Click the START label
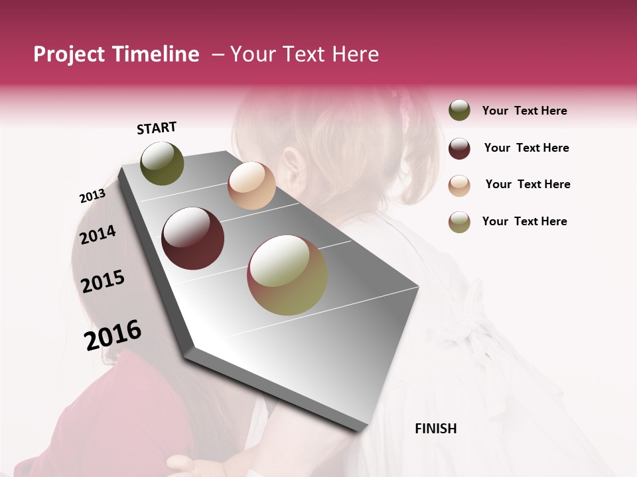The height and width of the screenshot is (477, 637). pos(157,128)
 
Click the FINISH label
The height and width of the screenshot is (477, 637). pos(435,429)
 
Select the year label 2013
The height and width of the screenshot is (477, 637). pos(92,196)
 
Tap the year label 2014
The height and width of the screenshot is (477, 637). pos(98,235)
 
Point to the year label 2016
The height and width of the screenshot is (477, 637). pos(113,335)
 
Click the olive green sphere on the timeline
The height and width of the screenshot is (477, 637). pos(162,163)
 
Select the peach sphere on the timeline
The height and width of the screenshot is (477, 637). pos(251,185)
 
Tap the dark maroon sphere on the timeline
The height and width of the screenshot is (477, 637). pos(193,238)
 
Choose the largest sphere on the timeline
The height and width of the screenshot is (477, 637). pos(287,275)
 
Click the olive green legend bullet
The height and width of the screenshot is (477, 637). pos(459,111)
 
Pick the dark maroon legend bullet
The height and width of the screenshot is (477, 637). pos(459,148)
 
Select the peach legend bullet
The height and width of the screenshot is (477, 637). pos(459,185)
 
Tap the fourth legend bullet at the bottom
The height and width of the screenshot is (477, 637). pos(459,222)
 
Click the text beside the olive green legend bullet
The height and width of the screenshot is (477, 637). pos(524,111)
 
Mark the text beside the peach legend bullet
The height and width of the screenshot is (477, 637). pos(528,184)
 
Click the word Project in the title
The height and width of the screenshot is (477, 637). pos(69,55)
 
